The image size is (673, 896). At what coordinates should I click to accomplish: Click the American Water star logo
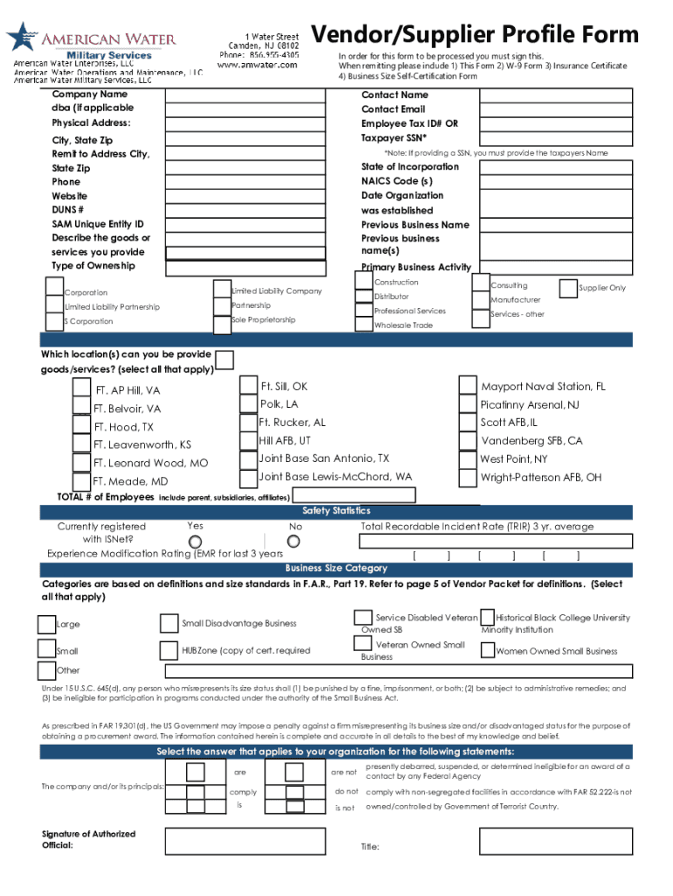tap(18, 37)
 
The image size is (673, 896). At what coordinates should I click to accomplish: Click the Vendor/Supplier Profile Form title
tap(476, 35)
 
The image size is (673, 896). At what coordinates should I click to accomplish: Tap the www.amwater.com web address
tap(257, 65)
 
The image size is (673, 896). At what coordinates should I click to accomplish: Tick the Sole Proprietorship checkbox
tap(221, 323)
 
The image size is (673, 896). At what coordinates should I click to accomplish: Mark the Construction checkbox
tap(364, 280)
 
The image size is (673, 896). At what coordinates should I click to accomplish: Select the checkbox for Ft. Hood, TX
tap(83, 426)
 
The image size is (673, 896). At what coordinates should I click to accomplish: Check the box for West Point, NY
tap(468, 459)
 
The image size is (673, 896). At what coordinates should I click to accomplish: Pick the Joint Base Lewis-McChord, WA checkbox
tap(248, 478)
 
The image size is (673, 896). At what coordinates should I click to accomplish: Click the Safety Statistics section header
tap(336, 511)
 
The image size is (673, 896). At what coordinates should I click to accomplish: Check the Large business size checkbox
tap(46, 624)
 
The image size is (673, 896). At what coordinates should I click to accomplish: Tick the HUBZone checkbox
tap(169, 650)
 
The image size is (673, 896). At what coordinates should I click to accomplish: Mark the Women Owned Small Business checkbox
tap(486, 649)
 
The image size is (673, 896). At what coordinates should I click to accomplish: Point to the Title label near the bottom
tap(370, 847)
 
